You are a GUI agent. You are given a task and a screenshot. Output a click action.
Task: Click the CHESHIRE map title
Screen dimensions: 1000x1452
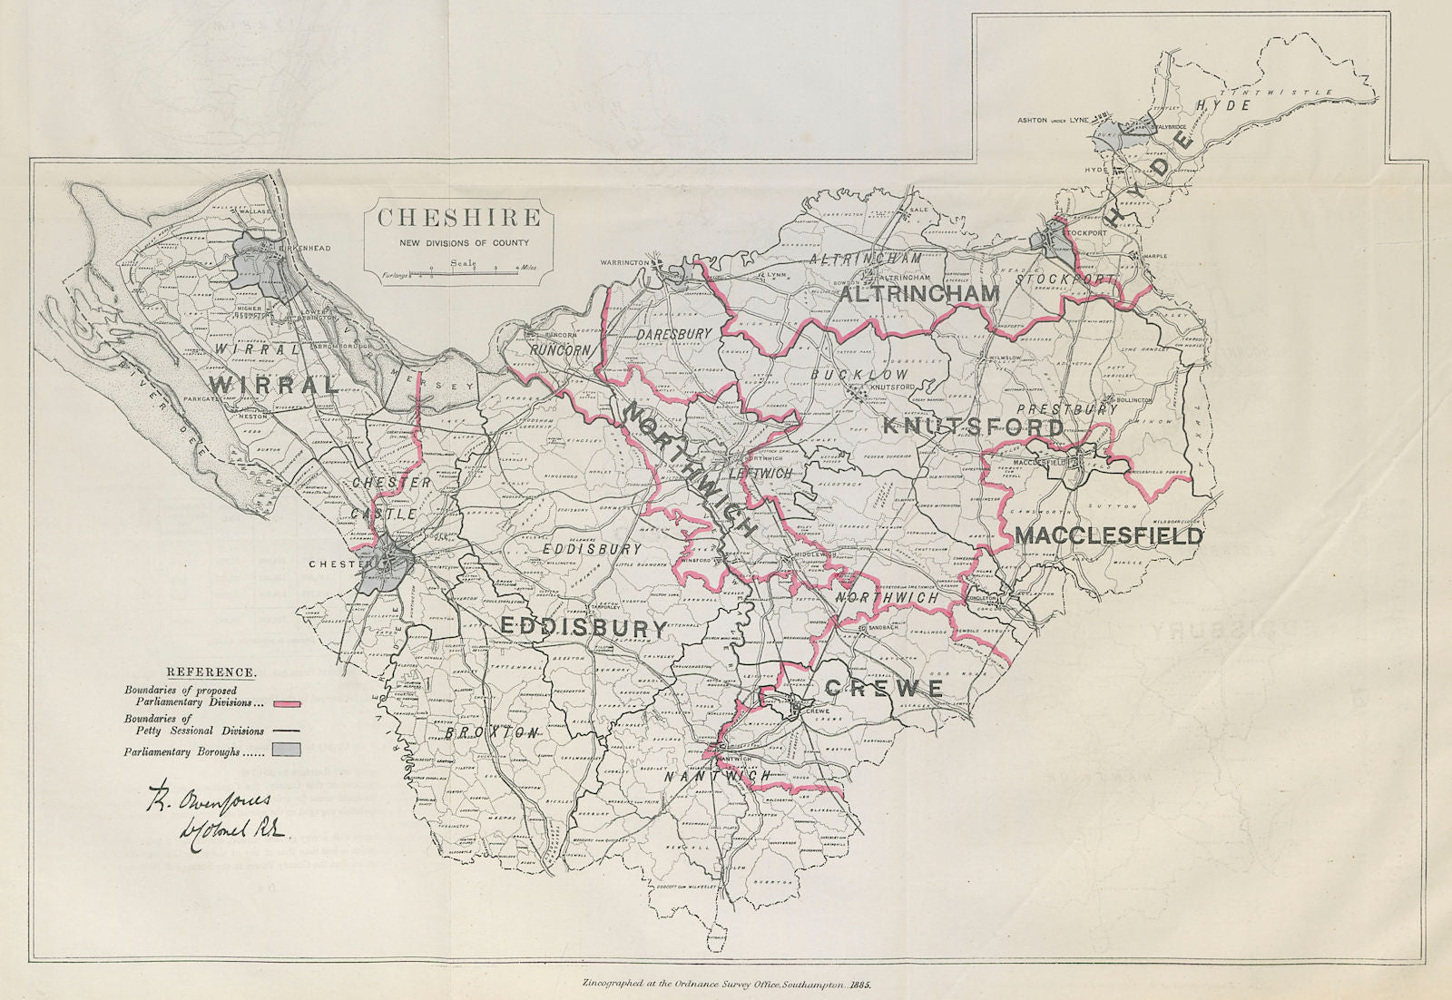point(459,219)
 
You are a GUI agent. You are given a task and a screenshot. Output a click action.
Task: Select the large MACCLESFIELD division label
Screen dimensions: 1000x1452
point(1108,535)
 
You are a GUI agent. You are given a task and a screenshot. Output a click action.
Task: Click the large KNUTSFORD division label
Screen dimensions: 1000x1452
point(973,426)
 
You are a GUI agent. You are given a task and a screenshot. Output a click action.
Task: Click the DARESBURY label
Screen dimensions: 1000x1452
point(669,335)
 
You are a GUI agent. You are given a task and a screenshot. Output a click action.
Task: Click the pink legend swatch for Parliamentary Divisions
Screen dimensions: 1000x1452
point(281,702)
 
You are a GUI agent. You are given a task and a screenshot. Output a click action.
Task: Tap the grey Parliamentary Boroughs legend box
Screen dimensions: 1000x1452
point(281,750)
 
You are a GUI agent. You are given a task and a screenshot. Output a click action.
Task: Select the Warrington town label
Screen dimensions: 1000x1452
point(626,262)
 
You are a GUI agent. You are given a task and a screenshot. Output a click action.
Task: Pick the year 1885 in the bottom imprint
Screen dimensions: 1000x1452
point(858,983)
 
